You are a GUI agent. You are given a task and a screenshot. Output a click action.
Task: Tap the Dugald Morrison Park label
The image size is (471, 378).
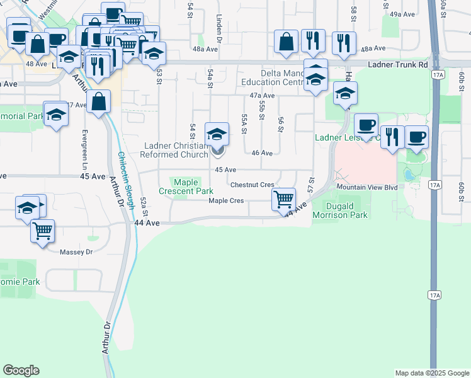[346, 210]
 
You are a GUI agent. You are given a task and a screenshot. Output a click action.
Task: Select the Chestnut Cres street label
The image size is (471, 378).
[252, 185]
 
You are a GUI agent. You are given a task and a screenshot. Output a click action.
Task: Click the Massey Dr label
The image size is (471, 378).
[76, 252]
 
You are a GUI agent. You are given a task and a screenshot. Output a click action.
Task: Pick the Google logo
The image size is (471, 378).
[21, 370]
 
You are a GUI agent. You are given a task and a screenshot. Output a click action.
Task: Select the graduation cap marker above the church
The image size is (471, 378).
[217, 133]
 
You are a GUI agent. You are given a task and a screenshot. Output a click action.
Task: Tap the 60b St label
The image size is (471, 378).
[461, 186]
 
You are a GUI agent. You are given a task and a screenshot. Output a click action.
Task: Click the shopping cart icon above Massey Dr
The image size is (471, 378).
[42, 231]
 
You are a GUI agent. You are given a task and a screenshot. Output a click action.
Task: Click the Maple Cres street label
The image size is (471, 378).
[226, 201]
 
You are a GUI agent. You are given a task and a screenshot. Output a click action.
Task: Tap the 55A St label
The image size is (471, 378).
[244, 118]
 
